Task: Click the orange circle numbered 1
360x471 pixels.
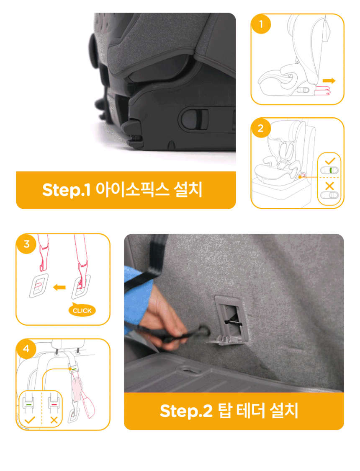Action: pos(261,24)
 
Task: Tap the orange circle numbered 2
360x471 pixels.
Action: pos(261,128)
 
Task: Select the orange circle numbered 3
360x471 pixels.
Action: pos(26,244)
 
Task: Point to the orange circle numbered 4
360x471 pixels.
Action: pos(26,349)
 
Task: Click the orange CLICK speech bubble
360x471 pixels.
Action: pos(82,310)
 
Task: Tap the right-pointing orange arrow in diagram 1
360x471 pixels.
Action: pos(329,80)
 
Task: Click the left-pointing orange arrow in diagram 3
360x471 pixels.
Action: pos(59,287)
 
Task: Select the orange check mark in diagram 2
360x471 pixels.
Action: pos(330,161)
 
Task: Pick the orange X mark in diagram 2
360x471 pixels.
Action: pos(329,186)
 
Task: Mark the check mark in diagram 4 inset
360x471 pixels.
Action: pos(29,419)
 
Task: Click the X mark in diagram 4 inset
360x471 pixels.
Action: pos(54,419)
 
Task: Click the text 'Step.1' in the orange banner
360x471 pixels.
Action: pos(66,190)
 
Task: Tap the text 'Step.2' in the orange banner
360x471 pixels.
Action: pos(186,411)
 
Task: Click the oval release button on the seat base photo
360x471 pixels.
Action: pos(193,119)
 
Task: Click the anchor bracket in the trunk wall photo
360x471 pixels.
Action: pos(231,320)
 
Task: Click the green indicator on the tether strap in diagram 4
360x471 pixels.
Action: pos(74,368)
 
